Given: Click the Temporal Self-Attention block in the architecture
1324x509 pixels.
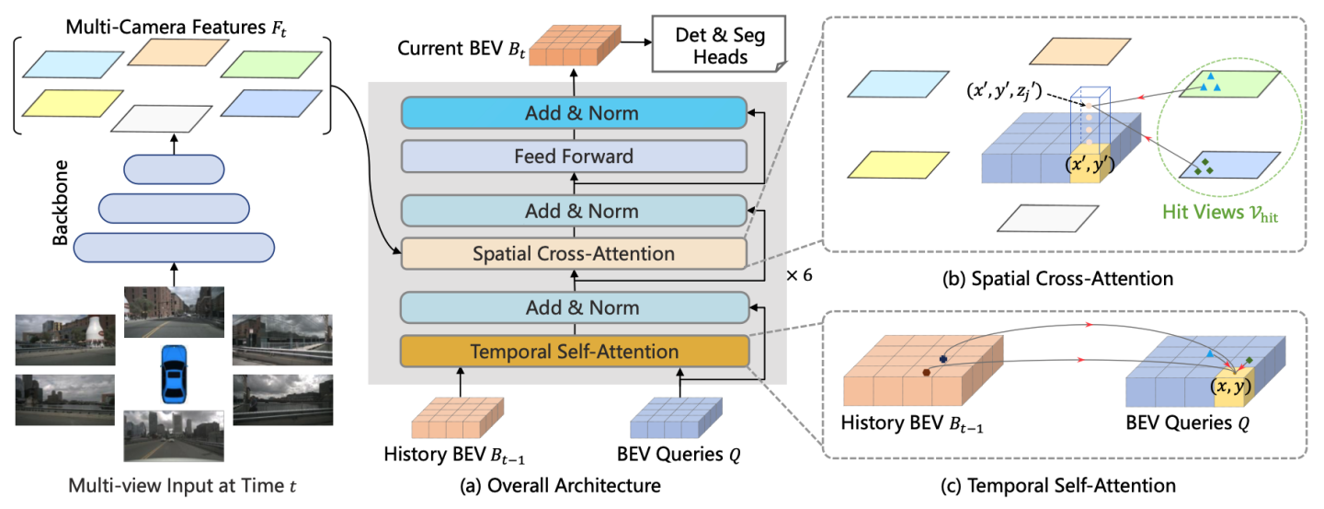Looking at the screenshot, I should [x=575, y=351].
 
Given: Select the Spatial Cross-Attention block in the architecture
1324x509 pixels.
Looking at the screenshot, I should [x=575, y=253].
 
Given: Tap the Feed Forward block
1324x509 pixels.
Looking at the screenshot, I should [x=575, y=156].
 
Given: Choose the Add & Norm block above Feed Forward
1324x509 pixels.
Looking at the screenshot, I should [x=575, y=114].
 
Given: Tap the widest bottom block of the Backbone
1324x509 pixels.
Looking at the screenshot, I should [x=173, y=248].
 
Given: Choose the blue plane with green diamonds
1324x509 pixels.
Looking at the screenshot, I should [x=1212, y=168].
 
